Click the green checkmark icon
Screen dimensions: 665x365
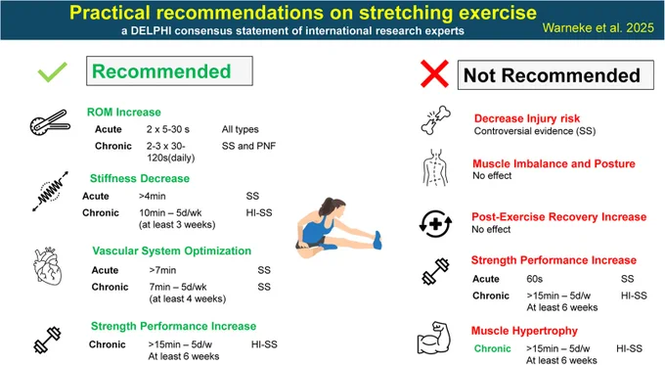pyautogui.click(x=52, y=71)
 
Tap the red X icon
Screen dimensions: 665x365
pyautogui.click(x=434, y=73)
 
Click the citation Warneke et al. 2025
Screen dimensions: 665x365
pyautogui.click(x=598, y=28)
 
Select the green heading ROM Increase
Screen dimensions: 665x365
pyautogui.click(x=124, y=113)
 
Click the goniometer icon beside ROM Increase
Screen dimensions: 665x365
pyautogui.click(x=50, y=122)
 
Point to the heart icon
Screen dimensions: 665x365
pyautogui.click(x=48, y=266)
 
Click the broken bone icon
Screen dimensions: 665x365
pyautogui.click(x=435, y=120)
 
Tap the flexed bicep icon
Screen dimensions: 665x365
pyautogui.click(x=434, y=338)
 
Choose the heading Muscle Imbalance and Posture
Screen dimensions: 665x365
pyautogui.click(x=554, y=163)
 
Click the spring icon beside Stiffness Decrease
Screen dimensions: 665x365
pyautogui.click(x=51, y=191)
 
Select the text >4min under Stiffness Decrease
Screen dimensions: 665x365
pyautogui.click(x=152, y=196)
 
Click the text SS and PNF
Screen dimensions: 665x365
pyautogui.click(x=248, y=146)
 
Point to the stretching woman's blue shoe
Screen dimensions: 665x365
pyautogui.click(x=377, y=240)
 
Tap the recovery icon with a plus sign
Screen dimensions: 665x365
pyautogui.click(x=435, y=224)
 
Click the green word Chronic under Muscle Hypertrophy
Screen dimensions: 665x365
pyautogui.click(x=492, y=348)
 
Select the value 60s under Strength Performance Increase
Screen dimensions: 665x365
pyautogui.click(x=534, y=279)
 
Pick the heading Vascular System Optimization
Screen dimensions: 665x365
pyautogui.click(x=172, y=251)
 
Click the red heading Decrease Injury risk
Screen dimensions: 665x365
pyautogui.click(x=527, y=118)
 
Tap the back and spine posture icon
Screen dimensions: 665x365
pyautogui.click(x=435, y=167)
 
